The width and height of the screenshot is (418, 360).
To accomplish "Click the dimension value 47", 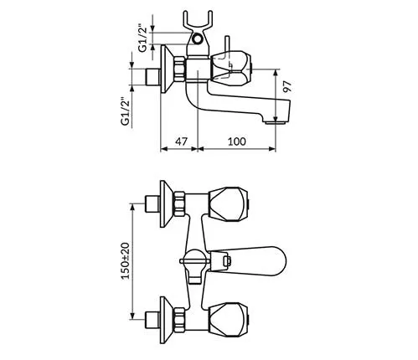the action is [x=181, y=141].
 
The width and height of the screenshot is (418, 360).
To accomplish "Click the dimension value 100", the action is [x=237, y=141].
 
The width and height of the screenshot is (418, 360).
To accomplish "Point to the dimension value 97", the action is [x=286, y=86].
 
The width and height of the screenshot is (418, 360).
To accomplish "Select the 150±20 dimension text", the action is [x=126, y=261].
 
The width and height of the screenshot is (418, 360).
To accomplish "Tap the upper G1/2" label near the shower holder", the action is [x=143, y=39].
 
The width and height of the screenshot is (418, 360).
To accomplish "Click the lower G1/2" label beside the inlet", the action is [x=126, y=111].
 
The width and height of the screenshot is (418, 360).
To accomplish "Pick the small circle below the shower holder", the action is [x=198, y=39].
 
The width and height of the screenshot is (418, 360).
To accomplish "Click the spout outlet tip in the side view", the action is [x=276, y=122].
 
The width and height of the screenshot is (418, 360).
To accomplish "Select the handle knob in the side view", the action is [x=230, y=69].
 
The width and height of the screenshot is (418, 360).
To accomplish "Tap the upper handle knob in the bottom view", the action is [x=229, y=204].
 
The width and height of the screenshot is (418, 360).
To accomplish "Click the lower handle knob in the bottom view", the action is [x=229, y=319].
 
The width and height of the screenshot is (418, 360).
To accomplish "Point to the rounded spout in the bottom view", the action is [x=249, y=260].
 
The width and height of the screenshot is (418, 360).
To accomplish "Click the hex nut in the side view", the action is [x=179, y=69].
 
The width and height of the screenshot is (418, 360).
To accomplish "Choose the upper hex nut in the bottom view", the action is [x=179, y=203].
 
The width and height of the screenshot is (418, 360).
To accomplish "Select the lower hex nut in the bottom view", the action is [x=179, y=320].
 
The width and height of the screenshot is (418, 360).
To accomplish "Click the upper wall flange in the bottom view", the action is [x=167, y=203].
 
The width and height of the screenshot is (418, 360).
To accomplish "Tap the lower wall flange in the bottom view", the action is [x=167, y=320].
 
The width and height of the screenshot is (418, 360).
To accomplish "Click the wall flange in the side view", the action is [x=167, y=69].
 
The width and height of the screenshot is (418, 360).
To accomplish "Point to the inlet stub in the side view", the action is [x=152, y=76].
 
